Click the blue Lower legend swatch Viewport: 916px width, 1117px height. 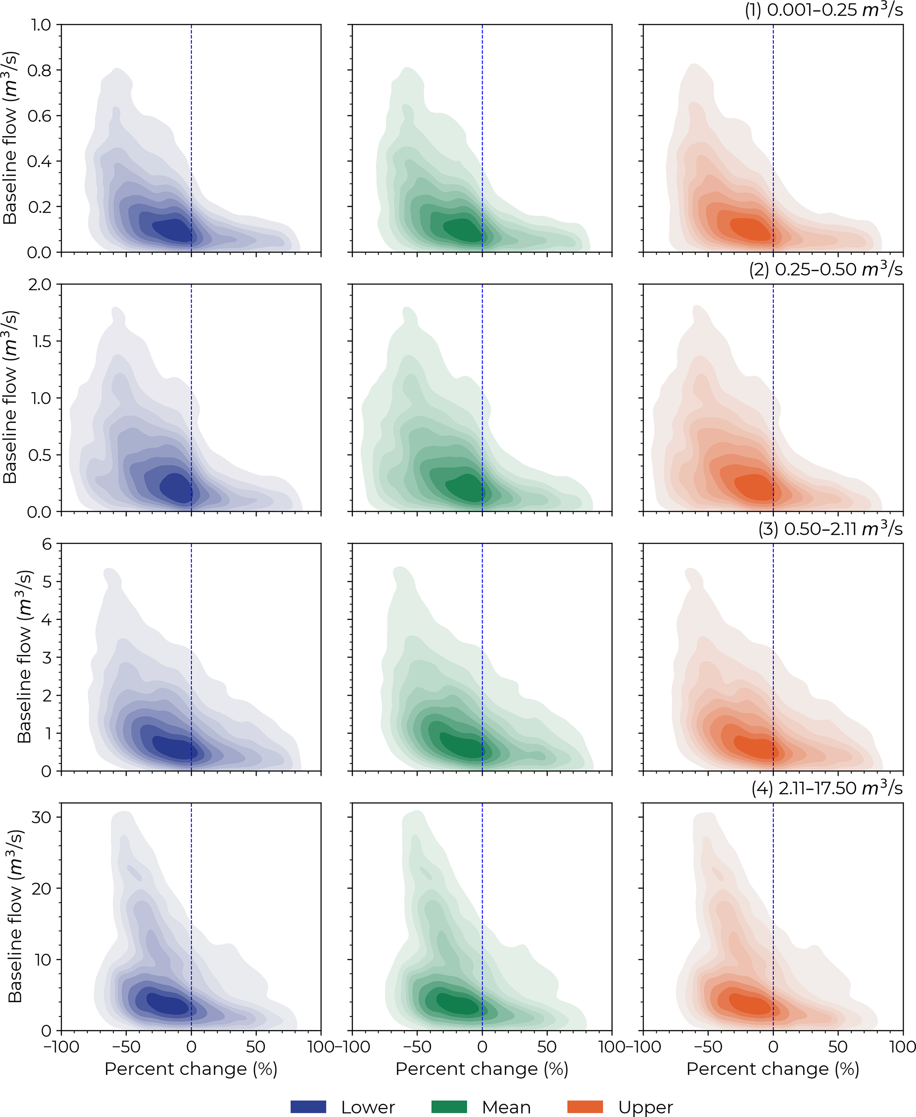pos(308,1102)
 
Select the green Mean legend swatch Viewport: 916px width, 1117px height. pos(449,1102)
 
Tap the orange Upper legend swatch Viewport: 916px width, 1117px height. pos(585,1102)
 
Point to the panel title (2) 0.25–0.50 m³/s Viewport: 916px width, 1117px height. pos(826,270)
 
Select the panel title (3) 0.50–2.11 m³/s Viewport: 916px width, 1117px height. pos(830,529)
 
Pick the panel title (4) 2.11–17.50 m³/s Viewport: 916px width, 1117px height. pos(827,788)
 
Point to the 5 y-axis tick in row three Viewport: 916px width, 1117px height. pos(47,582)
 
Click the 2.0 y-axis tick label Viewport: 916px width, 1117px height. pos(39,285)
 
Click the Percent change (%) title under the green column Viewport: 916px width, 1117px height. pos(482,1069)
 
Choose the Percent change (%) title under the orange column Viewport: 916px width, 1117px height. pos(772,1069)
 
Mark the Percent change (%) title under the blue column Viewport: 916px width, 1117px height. pos(191,1069)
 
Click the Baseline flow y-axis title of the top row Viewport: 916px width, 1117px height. pos(12,138)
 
